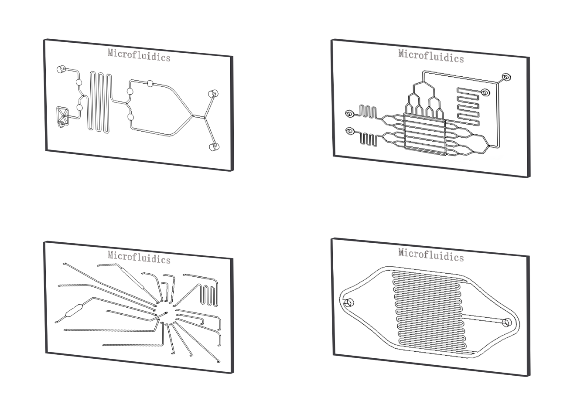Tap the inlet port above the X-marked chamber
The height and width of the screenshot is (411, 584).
tap(61, 69)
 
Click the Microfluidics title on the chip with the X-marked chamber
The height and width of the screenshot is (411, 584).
tap(139, 55)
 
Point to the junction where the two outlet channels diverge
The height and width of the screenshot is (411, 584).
tap(205, 118)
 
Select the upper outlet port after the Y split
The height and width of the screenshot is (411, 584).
tap(213, 94)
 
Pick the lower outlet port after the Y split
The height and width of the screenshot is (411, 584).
tap(214, 147)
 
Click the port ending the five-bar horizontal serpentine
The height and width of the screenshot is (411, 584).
tap(485, 92)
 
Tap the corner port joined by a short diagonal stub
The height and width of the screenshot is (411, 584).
tap(506, 77)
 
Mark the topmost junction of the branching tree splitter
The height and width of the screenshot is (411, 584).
tap(423, 82)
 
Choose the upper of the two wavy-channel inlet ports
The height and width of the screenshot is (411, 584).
tap(349, 114)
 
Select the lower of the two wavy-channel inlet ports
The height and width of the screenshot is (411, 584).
tap(349, 131)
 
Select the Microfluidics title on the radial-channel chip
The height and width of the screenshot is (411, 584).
tap(139, 257)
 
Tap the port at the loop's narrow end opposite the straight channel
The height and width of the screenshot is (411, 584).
tap(349, 302)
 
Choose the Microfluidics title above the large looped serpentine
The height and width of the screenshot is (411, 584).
tap(431, 255)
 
